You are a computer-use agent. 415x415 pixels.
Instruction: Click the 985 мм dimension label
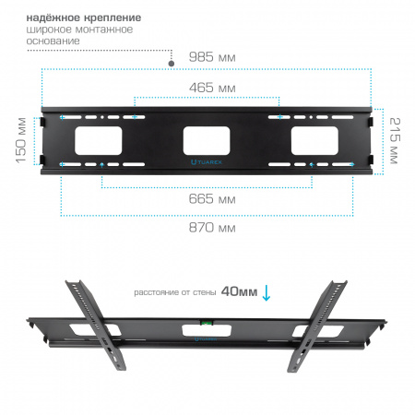212,57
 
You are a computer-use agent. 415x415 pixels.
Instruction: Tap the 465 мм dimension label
212,88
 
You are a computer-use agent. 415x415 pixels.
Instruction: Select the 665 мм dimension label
212,199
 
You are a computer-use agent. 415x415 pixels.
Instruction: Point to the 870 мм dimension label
212,228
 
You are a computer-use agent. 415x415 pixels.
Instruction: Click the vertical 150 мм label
21,140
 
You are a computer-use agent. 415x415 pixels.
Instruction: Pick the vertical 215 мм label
395,140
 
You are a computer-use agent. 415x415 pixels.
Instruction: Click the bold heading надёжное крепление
84,18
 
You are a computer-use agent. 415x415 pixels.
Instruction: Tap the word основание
53,41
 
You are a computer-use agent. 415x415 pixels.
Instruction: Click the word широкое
49,30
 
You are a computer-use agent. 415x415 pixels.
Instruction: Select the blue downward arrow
267,293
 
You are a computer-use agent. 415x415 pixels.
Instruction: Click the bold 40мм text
239,291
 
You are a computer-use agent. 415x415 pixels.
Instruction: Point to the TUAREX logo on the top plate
206,162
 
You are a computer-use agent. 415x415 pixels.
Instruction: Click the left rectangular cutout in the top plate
99,140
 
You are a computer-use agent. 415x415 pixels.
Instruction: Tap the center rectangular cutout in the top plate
207,140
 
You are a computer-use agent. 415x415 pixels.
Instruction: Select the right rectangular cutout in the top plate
314,140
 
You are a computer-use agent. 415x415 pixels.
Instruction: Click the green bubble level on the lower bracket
207,323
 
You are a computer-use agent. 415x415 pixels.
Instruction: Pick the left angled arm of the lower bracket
96,325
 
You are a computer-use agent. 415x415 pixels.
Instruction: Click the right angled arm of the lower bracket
317,326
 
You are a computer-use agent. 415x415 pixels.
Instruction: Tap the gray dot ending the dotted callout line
172,64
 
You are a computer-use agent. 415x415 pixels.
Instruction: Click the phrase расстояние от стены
175,292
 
